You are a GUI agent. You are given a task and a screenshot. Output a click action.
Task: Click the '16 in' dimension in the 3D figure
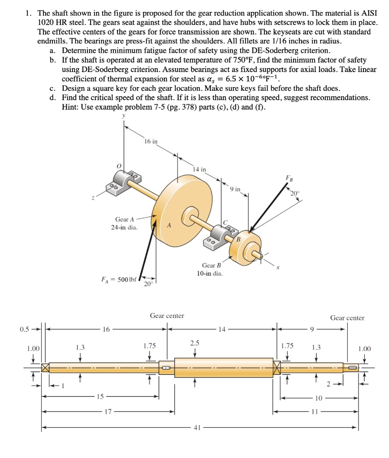(151, 141)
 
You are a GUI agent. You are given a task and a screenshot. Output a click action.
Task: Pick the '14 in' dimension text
(199, 169)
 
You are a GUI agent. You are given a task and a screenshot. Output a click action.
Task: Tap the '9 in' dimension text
(234, 190)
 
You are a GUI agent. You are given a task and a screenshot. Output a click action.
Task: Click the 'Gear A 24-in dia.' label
(124, 223)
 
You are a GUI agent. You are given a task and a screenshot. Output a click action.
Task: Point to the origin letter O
(119, 165)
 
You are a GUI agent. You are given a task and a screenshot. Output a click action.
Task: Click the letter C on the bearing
(226, 222)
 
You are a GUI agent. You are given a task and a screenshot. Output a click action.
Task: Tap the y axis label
(124, 116)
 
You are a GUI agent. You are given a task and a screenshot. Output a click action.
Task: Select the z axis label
(93, 199)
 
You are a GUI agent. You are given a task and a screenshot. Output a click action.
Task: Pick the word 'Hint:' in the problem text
(71, 107)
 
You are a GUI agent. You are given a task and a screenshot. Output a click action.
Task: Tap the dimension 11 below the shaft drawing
(319, 411)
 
